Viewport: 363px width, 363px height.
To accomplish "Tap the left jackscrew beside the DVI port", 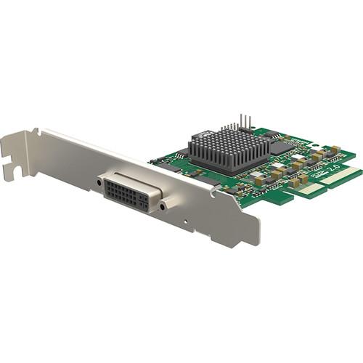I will [x=99, y=182].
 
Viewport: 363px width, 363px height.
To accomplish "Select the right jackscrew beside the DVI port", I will [x=163, y=205].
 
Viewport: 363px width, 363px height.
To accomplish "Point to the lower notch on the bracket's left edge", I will [x=9, y=174].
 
